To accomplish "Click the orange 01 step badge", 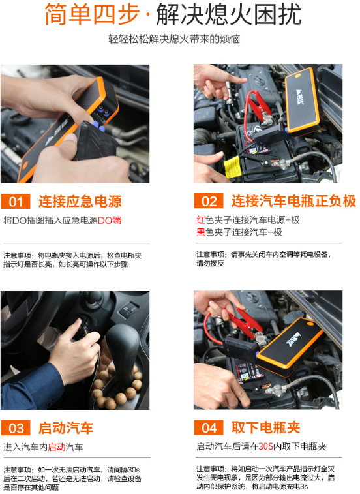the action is [x=16, y=201].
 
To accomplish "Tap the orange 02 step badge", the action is [x=209, y=201].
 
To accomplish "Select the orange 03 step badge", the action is [x=16, y=428].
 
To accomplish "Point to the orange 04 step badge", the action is [x=209, y=427].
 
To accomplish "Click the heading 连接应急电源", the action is [x=80, y=201].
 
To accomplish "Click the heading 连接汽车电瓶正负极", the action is [x=293, y=201].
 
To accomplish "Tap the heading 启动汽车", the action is [x=66, y=428].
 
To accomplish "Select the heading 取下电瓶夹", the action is [x=266, y=427].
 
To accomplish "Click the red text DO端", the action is [x=110, y=220].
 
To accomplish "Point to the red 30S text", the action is [x=266, y=446].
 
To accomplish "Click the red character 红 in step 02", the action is [x=201, y=219].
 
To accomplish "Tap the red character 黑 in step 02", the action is [x=201, y=232].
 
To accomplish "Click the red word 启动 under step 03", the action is [x=57, y=447].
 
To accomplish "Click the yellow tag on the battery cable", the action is [x=232, y=166].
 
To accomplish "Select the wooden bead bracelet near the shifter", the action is [x=117, y=386].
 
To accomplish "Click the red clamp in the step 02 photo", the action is [x=258, y=106].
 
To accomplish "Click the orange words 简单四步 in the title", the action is [x=92, y=14].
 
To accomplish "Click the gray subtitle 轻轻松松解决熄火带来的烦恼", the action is [x=174, y=39].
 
